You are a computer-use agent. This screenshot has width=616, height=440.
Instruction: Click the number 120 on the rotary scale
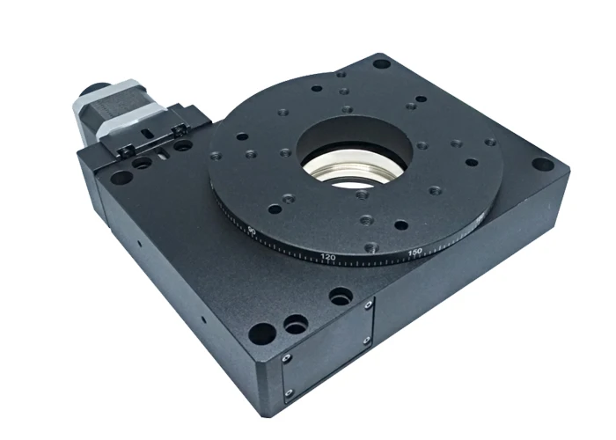click(x=329, y=257)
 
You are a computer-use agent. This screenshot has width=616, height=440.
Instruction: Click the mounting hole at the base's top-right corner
click(x=380, y=63)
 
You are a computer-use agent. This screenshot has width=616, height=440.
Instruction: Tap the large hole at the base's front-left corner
click(x=261, y=334)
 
